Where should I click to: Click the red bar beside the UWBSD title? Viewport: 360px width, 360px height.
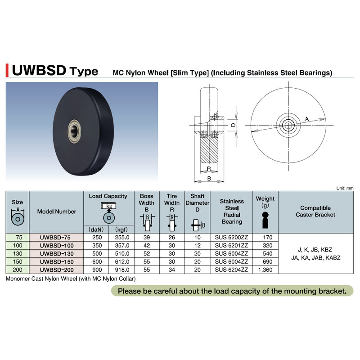tap(7, 71)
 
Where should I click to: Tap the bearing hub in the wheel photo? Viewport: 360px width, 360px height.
tap(74, 131)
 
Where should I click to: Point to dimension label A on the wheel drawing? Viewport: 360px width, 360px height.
tap(307, 119)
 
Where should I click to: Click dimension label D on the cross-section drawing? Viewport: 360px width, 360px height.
tap(233, 125)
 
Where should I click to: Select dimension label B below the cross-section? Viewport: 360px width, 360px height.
tap(209, 178)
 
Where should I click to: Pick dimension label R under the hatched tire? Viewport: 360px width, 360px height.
tap(209, 168)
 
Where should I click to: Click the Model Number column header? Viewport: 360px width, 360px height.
tap(57, 211)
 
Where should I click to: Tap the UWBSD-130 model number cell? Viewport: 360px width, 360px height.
tap(57, 254)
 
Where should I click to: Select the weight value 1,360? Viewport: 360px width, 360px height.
tap(265, 270)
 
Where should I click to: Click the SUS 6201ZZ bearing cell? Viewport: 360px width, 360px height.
tap(231, 245)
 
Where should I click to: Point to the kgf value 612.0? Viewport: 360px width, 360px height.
tap(122, 262)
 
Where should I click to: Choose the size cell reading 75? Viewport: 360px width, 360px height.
tap(18, 238)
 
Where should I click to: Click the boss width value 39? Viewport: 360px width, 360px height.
tap(147, 238)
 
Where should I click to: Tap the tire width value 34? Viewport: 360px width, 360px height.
tap(172, 270)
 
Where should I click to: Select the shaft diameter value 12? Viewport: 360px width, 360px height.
tap(197, 245)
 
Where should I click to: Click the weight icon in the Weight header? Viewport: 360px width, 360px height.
tap(265, 220)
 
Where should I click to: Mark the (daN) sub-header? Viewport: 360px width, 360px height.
tap(96, 229)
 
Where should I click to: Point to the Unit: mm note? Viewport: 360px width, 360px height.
tap(345, 188)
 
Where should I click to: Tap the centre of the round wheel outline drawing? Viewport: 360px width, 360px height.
tap(288, 126)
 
